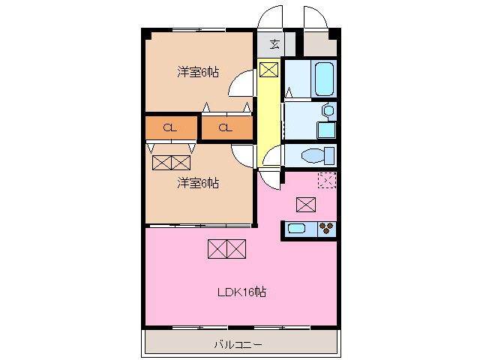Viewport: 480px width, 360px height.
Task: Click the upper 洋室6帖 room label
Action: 198,72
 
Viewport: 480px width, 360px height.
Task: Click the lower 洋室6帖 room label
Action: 198,182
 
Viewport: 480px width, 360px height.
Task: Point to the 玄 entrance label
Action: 275,43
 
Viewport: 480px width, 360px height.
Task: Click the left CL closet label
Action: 171,127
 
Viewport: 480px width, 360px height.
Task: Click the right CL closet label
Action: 226,127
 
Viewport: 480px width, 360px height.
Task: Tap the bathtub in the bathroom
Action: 325,79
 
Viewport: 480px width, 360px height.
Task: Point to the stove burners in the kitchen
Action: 326,229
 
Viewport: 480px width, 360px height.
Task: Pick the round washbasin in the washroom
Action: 327,111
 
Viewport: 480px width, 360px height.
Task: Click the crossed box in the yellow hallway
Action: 268,70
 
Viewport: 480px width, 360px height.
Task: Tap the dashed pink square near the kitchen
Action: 327,180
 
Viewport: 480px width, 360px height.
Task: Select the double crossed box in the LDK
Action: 226,248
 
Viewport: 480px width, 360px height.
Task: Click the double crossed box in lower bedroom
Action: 171,162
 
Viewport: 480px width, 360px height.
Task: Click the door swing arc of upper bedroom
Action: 241,84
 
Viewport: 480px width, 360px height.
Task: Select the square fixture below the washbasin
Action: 326,129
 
